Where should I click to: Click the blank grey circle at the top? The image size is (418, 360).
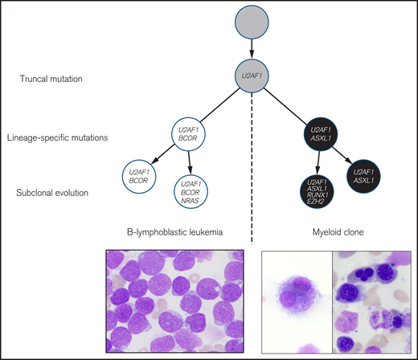tap(252, 26)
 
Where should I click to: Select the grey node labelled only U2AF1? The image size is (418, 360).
tap(252, 78)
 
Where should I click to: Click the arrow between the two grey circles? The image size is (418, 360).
tap(252, 52)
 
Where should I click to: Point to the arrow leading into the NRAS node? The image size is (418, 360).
tap(191, 166)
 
